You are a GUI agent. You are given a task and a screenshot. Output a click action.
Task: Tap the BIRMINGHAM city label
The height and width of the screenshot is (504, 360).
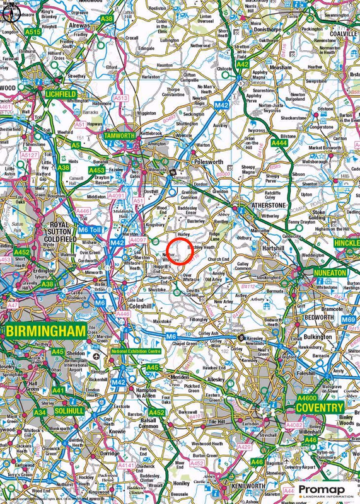(46, 331)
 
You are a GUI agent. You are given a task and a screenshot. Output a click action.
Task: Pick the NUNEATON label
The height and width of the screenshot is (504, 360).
(330, 272)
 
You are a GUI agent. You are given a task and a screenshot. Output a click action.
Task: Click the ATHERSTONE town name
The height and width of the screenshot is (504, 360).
(269, 205)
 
